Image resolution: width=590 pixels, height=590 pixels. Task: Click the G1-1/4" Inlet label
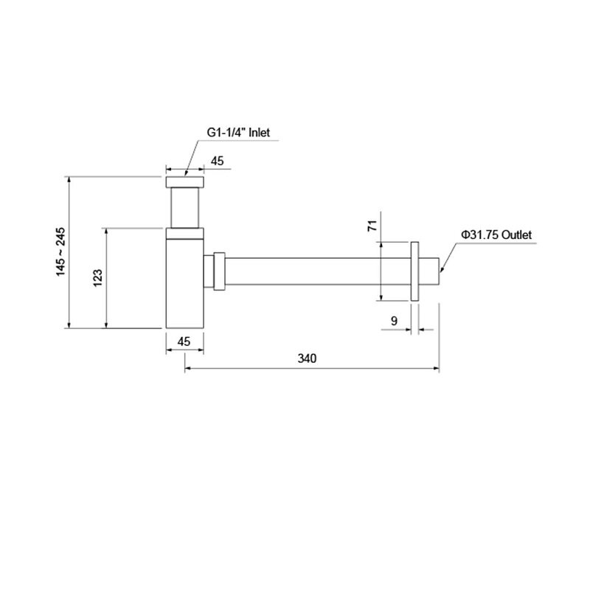pos(238,133)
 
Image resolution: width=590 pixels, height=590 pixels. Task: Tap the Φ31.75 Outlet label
pos(496,235)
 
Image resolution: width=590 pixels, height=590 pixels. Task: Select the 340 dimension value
pos(307,358)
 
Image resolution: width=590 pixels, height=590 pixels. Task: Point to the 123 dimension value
pos(98,278)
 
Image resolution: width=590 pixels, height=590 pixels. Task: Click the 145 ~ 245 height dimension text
pos(60,251)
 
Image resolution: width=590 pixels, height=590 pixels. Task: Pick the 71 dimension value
pos(372,226)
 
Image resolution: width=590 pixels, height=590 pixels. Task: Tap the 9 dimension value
pos(394,321)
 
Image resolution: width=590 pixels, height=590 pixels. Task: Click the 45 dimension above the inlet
pos(217,161)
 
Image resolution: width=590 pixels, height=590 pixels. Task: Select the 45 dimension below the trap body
pos(184,341)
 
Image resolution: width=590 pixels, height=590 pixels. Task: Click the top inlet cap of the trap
pos(185,181)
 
